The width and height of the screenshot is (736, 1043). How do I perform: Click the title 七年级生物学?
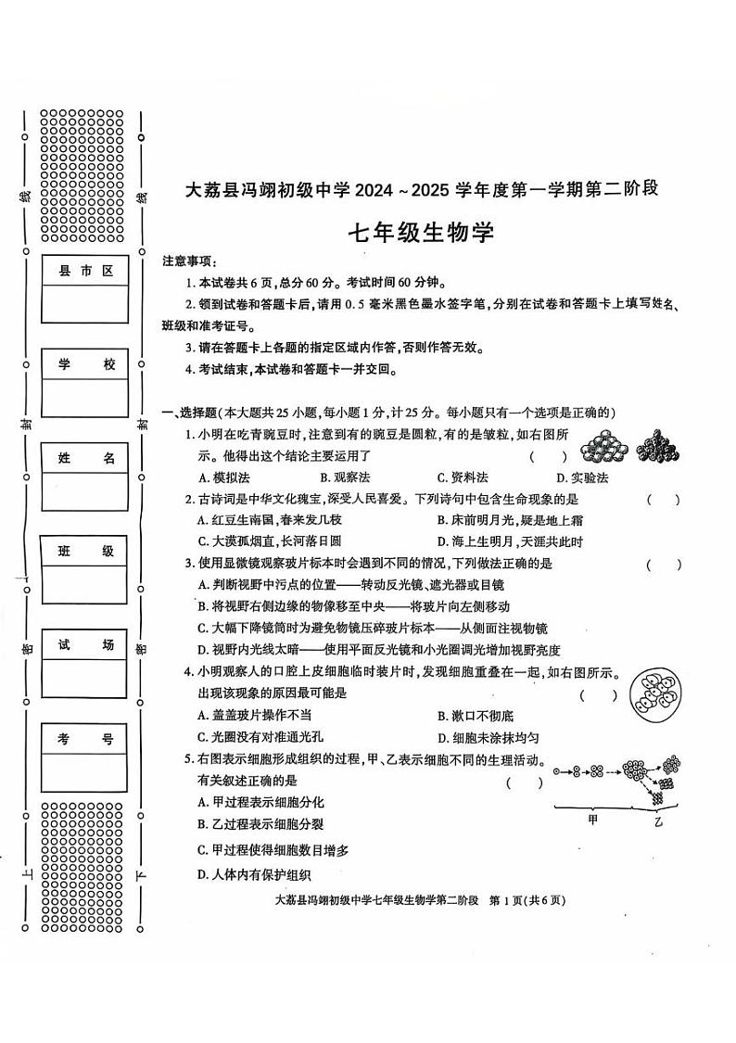(x=420, y=232)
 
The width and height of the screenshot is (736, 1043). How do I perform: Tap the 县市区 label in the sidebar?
(x=85, y=271)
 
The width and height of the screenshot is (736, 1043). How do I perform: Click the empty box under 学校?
(x=85, y=398)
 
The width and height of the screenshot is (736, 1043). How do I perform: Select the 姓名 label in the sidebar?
(x=85, y=458)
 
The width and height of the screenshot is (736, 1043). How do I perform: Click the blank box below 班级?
(x=85, y=584)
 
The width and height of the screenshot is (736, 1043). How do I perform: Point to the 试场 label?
(x=85, y=645)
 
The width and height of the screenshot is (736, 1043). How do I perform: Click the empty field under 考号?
(x=85, y=771)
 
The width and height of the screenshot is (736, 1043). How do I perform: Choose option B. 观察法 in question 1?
(x=345, y=477)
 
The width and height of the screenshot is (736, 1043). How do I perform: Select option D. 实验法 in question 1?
(x=582, y=477)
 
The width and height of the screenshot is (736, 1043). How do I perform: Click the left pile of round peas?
(x=605, y=447)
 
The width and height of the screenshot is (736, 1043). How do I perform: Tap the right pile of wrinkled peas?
(x=659, y=446)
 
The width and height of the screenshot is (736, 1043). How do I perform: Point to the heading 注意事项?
(x=189, y=261)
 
